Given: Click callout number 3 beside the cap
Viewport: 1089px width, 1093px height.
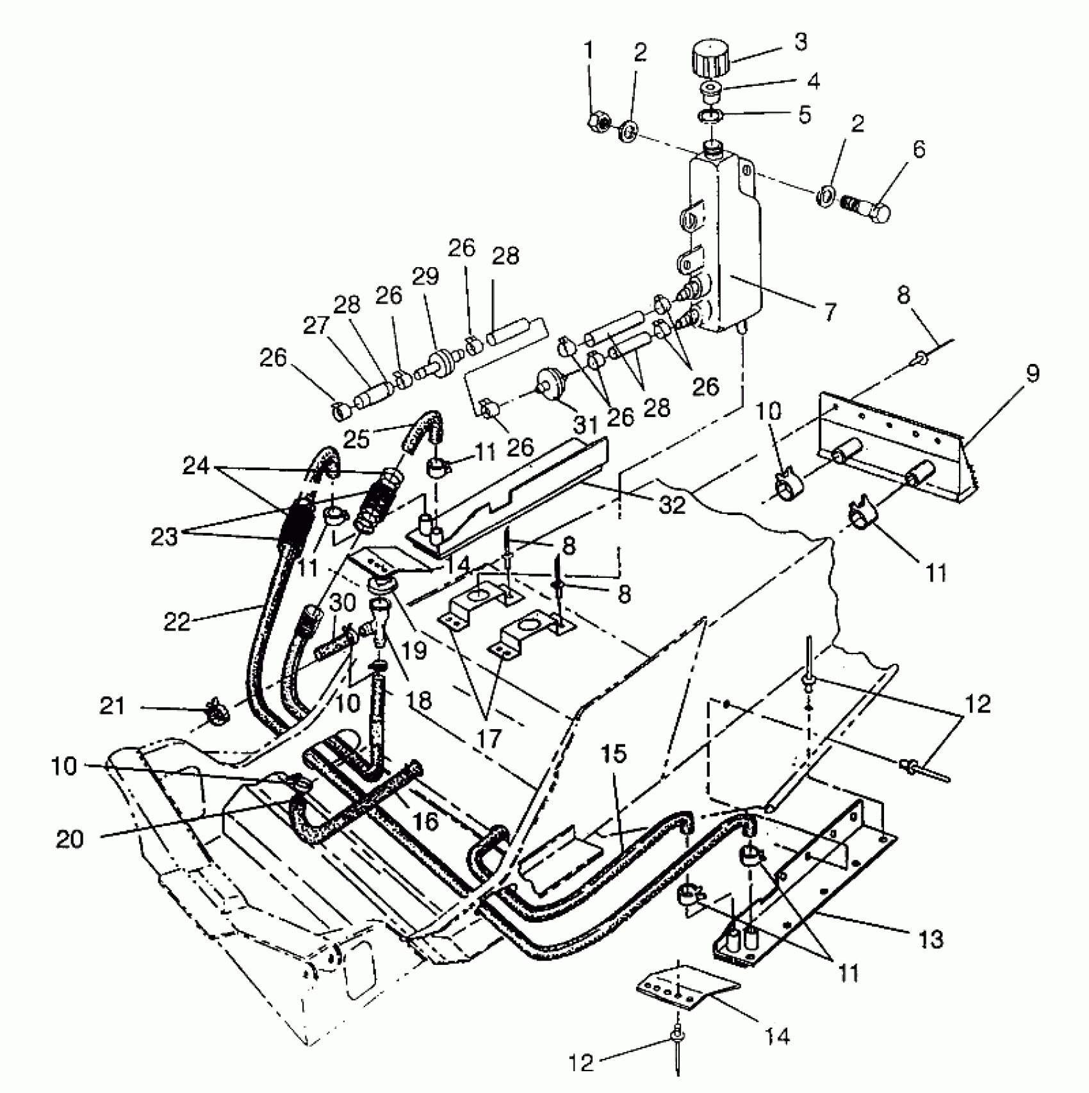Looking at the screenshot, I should tap(799, 42).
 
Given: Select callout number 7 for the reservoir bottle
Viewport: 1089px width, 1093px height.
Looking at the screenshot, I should tap(829, 313).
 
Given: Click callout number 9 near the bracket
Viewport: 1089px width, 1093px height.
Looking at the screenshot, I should tap(1031, 374).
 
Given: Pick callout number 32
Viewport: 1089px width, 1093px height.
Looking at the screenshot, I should tap(672, 505).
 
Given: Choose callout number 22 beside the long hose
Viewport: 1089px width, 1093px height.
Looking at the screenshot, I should tap(177, 621).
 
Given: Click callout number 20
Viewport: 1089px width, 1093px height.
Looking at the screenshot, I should tap(69, 839).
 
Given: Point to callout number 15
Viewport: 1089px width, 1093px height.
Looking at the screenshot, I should tap(614, 754).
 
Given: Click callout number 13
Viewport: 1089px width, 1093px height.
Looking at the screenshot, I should tap(930, 940).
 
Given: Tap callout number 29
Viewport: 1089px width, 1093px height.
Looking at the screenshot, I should tap(425, 277).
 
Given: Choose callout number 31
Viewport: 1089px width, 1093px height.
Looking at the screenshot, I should tap(585, 424).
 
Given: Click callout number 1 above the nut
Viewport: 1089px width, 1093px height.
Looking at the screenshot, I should tap(588, 51).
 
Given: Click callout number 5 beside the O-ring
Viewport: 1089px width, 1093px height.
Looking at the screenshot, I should tap(805, 115).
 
